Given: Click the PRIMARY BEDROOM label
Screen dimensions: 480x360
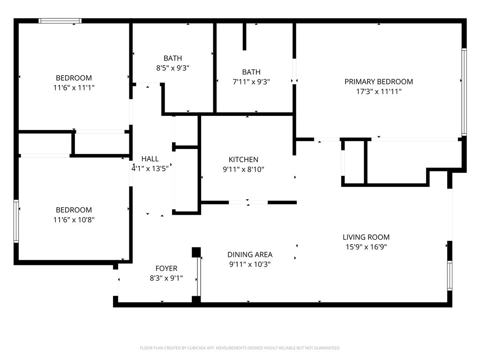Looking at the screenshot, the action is coord(379,82).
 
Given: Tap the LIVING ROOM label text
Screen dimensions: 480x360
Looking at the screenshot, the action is coord(366,237).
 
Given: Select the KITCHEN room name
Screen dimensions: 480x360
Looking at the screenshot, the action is coord(243,159).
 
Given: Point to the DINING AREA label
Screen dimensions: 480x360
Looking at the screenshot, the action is coord(250,255).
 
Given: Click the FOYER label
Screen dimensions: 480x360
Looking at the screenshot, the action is coord(166,269).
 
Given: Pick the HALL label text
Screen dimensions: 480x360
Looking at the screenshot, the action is coord(150,159).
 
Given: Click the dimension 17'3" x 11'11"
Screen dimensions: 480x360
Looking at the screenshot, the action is coord(379,91).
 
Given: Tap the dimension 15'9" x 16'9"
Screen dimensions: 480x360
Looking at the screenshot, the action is coord(366,247).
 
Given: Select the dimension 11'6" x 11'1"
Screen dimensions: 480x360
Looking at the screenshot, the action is coord(74,88).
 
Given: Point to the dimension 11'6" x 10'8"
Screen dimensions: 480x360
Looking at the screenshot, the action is coord(74,220).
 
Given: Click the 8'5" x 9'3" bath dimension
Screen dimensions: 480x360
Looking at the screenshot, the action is coord(172,68).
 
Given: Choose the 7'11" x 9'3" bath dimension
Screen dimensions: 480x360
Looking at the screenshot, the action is coord(251,82).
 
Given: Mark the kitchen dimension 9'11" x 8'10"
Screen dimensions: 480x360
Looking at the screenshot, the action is coord(243,169).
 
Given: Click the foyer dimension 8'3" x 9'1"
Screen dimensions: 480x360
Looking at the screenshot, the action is coord(166,278).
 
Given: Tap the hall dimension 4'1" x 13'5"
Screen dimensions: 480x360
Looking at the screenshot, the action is coord(150,169).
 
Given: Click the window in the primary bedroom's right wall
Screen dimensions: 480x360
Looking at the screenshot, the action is coord(464,92).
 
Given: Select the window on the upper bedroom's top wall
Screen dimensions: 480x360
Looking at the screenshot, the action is coord(60,21).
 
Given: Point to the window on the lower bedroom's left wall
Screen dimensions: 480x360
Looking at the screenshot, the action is coord(16,221).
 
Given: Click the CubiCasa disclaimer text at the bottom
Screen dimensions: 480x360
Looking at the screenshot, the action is coord(240,348).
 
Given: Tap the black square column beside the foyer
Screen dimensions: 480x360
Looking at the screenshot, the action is coord(196,252).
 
